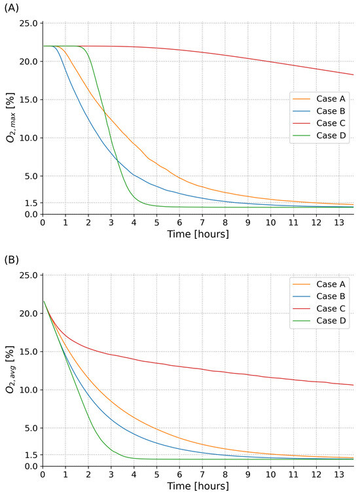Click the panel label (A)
(11, 9)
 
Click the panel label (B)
(11, 260)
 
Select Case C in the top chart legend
(331, 123)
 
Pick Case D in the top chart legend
(331, 135)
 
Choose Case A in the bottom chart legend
(331, 284)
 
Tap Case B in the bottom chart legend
(331, 296)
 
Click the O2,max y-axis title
(11, 118)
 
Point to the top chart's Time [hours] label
(198, 234)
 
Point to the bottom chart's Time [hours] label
(198, 486)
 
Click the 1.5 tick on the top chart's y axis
(31, 203)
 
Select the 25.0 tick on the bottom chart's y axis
(29, 276)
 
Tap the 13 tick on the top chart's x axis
(339, 222)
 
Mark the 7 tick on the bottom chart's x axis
(202, 474)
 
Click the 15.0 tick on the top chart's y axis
(29, 99)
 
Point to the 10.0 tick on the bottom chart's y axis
(29, 390)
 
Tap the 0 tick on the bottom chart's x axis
(43, 474)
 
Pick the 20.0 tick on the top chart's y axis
(29, 62)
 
